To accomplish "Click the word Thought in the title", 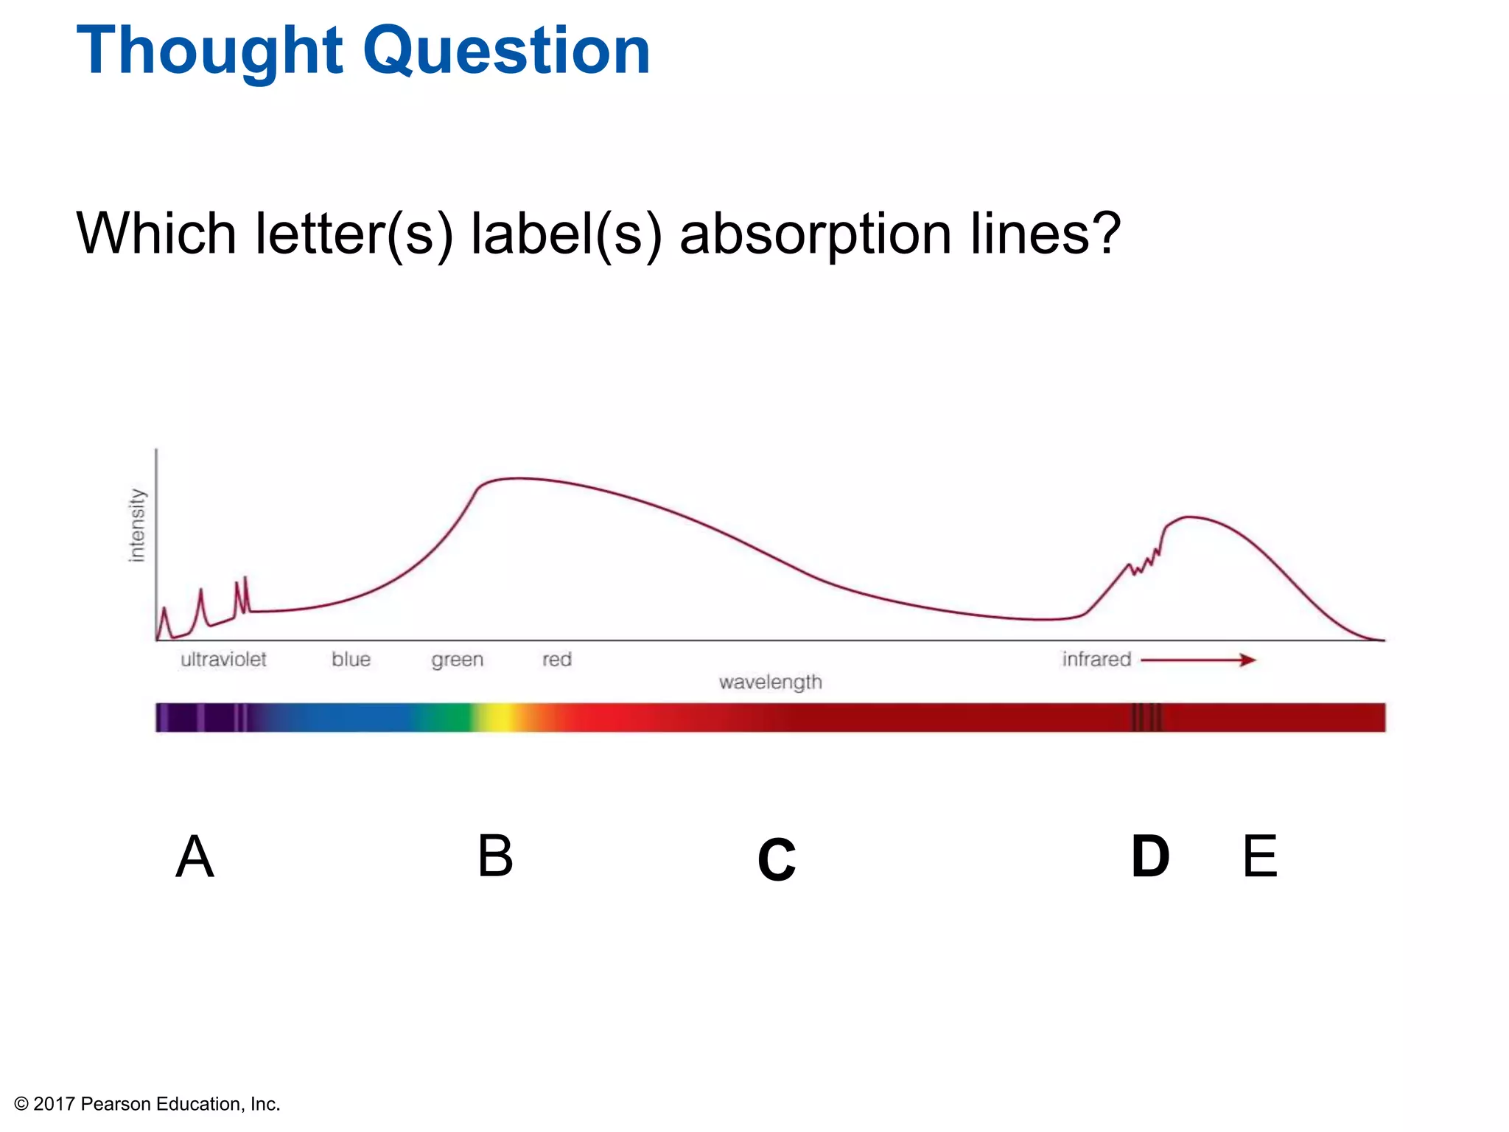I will [x=210, y=52].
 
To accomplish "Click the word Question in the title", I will [x=506, y=52].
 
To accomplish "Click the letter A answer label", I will [x=195, y=856].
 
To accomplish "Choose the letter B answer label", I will [x=495, y=856].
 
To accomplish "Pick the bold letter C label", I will [x=777, y=860].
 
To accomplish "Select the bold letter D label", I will [x=1149, y=857].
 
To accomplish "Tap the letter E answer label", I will [x=1259, y=856].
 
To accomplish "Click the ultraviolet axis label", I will [x=223, y=660].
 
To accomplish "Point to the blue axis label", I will [x=351, y=660].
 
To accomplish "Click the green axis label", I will [x=458, y=660].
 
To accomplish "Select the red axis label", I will [x=557, y=660].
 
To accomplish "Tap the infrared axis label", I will [x=1096, y=660].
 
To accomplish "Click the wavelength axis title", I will [x=770, y=682].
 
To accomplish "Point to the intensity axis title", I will [x=137, y=525].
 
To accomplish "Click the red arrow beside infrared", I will [x=1198, y=660].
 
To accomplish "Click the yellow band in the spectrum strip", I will [x=502, y=717].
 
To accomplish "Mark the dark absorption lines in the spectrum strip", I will [x=1146, y=717].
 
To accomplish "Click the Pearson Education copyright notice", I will [x=147, y=1104].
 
